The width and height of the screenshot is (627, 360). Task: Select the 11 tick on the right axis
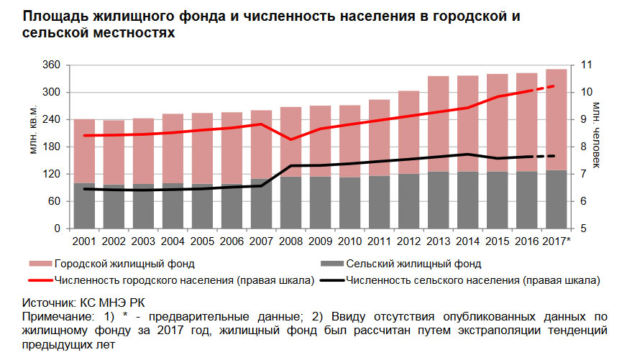point(586,65)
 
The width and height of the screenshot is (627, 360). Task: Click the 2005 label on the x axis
point(202,241)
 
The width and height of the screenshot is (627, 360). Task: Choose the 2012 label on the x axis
point(408,241)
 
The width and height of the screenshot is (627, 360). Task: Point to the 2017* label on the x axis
point(557,241)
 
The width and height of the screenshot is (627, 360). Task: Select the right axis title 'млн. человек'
point(597,133)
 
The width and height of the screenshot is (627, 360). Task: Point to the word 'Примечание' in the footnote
point(55,317)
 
